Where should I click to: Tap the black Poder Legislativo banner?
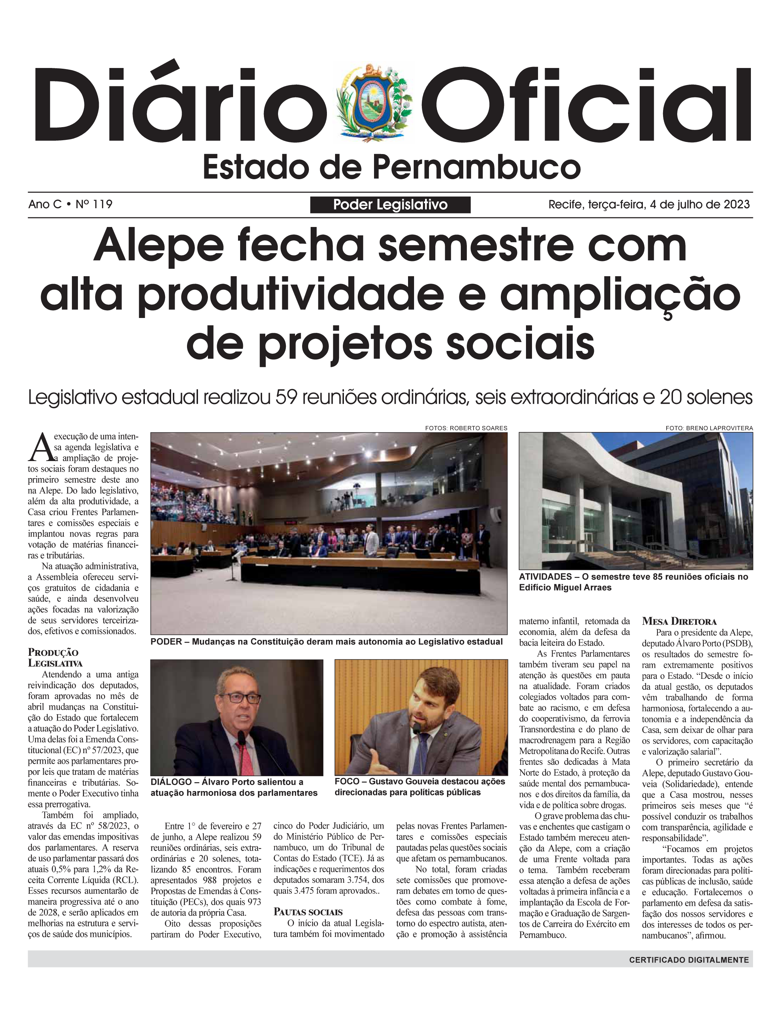click(x=390, y=205)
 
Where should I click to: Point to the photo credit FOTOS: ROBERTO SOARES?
click(x=466, y=428)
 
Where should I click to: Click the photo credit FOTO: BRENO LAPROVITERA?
click(x=709, y=428)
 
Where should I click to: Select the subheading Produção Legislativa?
click(x=55, y=658)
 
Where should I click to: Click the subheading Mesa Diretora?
click(x=679, y=621)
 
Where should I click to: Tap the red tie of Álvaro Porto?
click(x=244, y=758)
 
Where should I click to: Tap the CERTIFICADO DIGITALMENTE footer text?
click(x=689, y=959)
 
